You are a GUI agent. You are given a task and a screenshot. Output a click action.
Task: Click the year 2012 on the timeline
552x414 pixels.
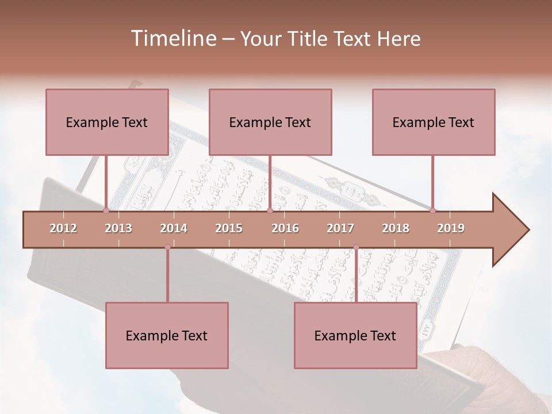click(63, 228)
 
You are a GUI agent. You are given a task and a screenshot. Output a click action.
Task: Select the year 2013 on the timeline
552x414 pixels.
click(118, 228)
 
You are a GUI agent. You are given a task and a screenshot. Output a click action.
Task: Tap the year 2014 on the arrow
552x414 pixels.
click(174, 228)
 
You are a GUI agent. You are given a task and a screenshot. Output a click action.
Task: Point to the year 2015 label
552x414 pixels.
click(229, 228)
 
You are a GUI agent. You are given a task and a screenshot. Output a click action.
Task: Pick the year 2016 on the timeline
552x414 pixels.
click(285, 228)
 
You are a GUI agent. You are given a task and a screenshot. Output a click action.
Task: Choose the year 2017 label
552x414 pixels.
click(340, 228)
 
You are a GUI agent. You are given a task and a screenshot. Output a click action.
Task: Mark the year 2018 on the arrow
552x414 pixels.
click(396, 228)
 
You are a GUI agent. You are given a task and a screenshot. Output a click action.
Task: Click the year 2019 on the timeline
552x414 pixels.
click(451, 228)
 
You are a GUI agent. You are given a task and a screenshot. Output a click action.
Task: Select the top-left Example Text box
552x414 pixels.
click(107, 122)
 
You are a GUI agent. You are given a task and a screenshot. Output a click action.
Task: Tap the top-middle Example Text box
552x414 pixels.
click(270, 122)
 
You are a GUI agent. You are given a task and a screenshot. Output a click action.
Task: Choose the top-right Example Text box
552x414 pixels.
click(434, 122)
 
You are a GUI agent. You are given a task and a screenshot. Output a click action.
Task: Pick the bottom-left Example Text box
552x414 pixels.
click(167, 335)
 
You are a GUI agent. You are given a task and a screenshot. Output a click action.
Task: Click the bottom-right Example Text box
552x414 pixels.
click(355, 335)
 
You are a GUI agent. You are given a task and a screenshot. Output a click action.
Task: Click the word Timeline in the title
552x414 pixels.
click(172, 39)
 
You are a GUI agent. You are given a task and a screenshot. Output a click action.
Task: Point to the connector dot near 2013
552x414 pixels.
click(106, 210)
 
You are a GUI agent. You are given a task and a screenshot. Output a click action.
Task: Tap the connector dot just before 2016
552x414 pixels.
click(270, 210)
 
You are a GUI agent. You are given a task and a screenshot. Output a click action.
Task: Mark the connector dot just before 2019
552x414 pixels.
click(433, 210)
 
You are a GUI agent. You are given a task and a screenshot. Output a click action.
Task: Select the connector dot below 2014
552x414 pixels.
click(167, 247)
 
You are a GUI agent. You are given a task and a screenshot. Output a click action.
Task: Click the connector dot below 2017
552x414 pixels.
click(356, 247)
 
